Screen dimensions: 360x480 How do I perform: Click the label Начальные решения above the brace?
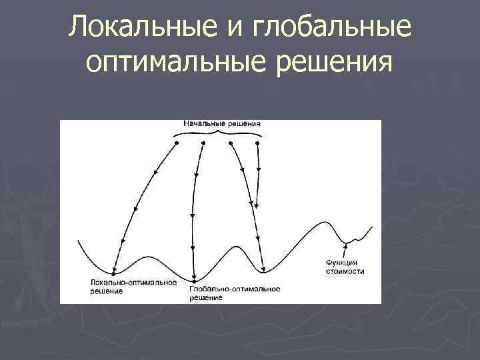click(222, 124)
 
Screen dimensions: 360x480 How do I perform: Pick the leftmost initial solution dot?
click(177, 143)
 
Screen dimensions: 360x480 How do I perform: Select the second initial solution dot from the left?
click(203, 143)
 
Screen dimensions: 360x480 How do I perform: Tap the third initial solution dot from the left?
click(231, 143)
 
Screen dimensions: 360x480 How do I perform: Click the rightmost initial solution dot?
click(258, 143)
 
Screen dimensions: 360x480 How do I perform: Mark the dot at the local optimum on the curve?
click(115, 273)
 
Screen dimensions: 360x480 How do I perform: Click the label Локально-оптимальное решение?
click(133, 286)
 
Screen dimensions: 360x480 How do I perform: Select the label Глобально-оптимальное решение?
click(234, 293)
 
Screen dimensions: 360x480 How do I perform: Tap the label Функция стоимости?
click(345, 267)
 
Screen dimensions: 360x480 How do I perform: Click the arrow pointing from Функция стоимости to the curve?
click(345, 250)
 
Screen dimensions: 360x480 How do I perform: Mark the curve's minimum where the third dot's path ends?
click(264, 271)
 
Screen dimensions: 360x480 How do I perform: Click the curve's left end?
click(79, 240)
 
